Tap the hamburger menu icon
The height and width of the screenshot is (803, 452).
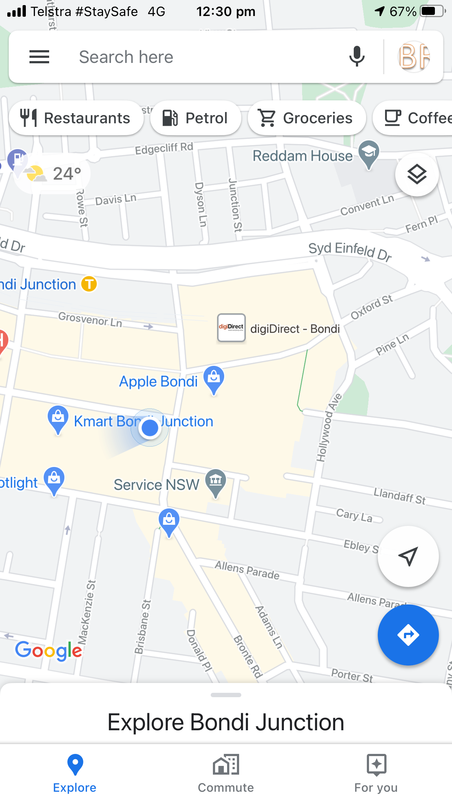(39, 57)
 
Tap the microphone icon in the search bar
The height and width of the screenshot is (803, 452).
(357, 56)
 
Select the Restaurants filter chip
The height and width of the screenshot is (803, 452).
(76, 118)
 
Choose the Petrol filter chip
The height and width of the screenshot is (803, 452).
(196, 118)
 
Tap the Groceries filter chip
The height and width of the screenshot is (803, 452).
(306, 118)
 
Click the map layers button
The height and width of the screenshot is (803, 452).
(417, 175)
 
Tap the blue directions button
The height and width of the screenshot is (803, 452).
(408, 635)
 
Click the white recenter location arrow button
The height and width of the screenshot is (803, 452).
(408, 556)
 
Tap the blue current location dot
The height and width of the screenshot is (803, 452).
(150, 428)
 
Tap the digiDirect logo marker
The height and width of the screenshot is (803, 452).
(231, 328)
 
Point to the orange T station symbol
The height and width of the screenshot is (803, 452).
(89, 284)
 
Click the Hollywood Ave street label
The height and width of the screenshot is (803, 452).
(328, 427)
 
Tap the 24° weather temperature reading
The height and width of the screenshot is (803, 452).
(67, 174)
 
